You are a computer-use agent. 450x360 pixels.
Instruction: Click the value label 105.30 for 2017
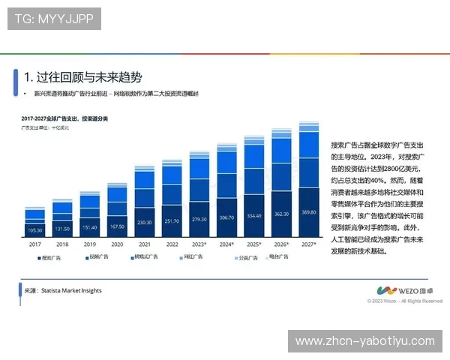tap(34, 229)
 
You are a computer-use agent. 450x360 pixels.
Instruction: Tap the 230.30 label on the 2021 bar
tap(144, 221)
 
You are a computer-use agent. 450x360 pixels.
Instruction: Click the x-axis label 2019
tap(89, 244)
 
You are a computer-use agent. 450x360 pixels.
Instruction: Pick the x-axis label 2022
tap(172, 244)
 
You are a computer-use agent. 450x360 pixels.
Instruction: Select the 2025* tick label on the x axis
tap(254, 244)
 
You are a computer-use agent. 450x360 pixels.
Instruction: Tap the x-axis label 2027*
tap(309, 244)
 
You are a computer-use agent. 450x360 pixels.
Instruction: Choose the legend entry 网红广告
tap(193, 257)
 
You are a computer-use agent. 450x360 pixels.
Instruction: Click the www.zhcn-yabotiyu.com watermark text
tap(365, 341)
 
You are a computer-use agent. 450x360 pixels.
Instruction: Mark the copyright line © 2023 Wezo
tap(404, 301)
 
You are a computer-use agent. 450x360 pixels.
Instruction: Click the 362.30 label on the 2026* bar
tap(281, 214)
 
